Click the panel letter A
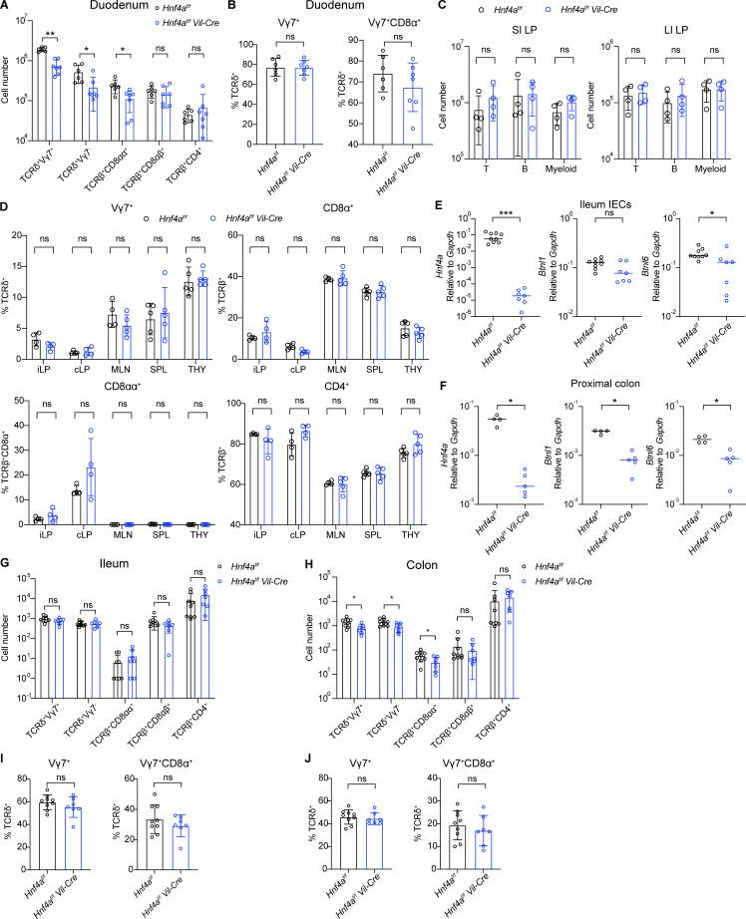(x=8, y=8)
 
